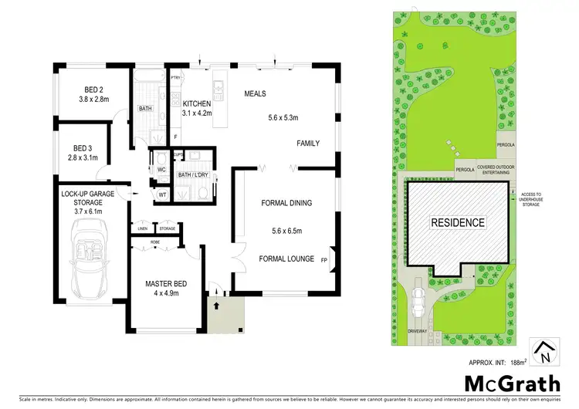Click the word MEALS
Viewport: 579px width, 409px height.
tap(255, 93)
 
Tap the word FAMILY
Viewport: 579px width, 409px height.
tap(308, 144)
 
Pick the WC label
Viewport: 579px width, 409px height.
tap(162, 169)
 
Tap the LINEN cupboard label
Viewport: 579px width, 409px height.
tap(143, 229)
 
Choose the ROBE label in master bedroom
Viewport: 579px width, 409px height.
tap(154, 241)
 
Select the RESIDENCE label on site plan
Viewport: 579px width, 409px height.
tap(458, 223)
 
